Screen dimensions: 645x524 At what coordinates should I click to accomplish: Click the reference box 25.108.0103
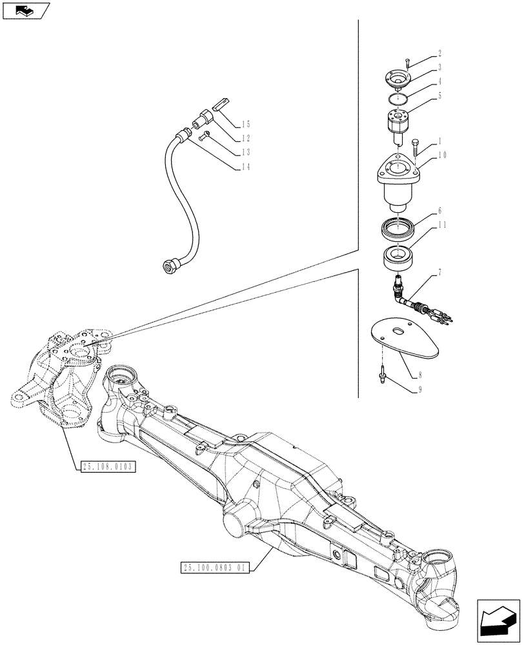(108, 467)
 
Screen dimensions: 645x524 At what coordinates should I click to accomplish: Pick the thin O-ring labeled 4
(397, 98)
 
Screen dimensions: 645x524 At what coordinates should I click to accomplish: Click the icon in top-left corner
(25, 10)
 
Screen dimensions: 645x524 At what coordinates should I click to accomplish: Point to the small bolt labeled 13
(205, 136)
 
